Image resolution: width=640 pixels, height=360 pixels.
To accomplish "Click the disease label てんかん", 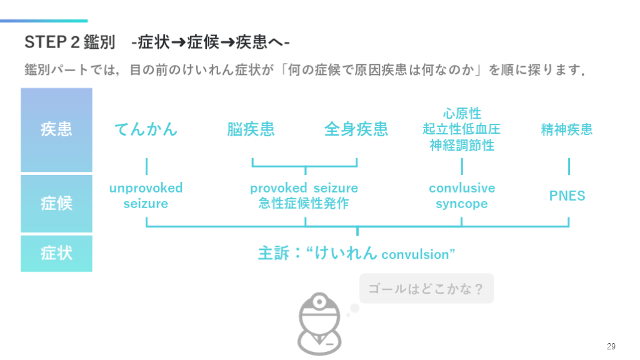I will [146, 129].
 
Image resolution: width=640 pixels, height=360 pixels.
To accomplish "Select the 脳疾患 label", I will [251, 129].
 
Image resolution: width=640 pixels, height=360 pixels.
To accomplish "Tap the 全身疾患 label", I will [356, 129].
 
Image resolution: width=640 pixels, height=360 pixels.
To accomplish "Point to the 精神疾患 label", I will [566, 130].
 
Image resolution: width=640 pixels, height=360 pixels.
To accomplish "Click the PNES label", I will [567, 196].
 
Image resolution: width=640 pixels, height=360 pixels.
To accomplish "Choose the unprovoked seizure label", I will [146, 196].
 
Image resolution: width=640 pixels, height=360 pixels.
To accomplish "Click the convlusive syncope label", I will [461, 196].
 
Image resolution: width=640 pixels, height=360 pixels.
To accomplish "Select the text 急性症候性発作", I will [304, 204].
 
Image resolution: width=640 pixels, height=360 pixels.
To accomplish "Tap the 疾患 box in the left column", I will [56, 129].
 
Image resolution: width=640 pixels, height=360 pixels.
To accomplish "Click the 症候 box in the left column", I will [56, 203].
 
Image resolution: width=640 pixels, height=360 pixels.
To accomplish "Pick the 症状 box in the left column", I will [56, 253].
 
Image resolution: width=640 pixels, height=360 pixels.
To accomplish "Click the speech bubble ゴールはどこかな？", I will [426, 289].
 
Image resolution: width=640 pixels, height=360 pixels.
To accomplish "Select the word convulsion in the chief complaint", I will [415, 255].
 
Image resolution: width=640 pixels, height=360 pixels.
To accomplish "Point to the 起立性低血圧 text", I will [461, 129].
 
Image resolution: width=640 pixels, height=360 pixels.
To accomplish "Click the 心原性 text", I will [461, 114].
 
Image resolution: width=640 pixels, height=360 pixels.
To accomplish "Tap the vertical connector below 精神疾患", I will [569, 166].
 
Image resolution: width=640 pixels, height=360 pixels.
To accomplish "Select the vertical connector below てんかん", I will [146, 166].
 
